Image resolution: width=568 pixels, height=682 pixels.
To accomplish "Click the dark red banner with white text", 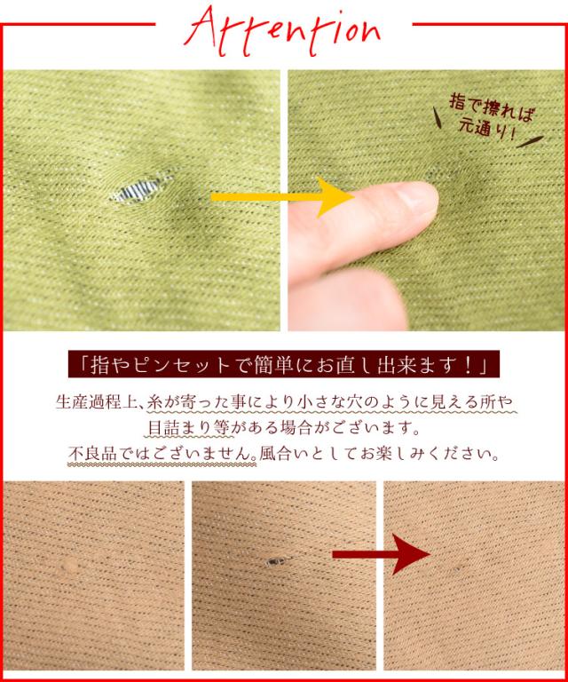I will (x=283, y=365).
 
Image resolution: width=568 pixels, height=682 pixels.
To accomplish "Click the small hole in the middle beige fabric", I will (x=276, y=561).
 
